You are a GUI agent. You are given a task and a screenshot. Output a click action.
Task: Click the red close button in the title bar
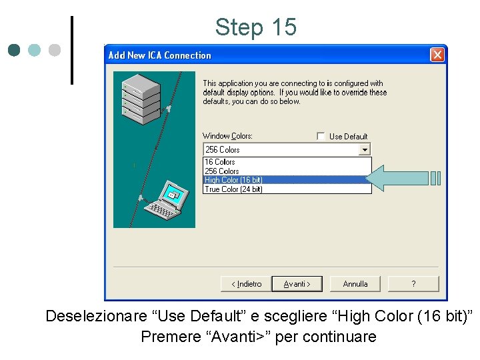click(437, 55)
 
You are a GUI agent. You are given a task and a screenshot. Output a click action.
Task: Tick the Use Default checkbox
click(321, 136)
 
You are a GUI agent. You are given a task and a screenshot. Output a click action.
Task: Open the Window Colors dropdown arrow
click(364, 150)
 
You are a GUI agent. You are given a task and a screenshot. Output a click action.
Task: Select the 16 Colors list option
click(220, 162)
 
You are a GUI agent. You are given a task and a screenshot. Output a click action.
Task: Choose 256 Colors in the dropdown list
click(222, 171)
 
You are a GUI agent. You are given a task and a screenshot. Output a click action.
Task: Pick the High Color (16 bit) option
click(234, 180)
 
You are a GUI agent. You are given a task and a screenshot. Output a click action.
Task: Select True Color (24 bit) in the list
click(234, 189)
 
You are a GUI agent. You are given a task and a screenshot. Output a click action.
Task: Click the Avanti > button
click(297, 284)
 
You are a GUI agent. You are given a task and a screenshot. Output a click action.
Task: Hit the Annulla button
click(355, 284)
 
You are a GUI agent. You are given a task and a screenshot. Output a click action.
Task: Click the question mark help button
click(413, 284)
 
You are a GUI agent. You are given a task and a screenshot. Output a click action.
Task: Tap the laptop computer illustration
click(163, 201)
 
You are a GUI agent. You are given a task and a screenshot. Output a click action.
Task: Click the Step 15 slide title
click(255, 27)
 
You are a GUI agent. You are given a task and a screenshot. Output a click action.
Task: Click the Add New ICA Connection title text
click(159, 55)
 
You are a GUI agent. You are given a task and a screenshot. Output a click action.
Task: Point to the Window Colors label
click(227, 136)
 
